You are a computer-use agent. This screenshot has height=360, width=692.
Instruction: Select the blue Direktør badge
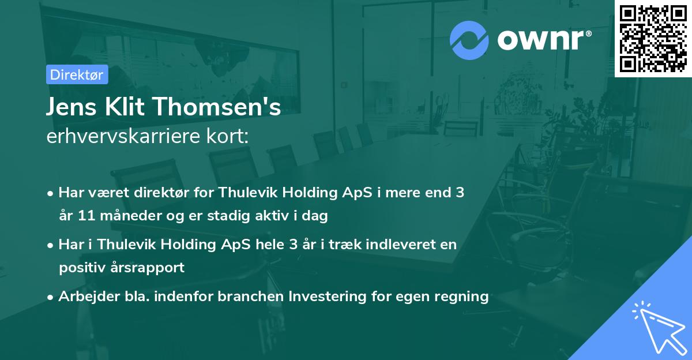(x=77, y=74)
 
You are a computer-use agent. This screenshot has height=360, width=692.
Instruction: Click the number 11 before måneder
(x=83, y=216)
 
